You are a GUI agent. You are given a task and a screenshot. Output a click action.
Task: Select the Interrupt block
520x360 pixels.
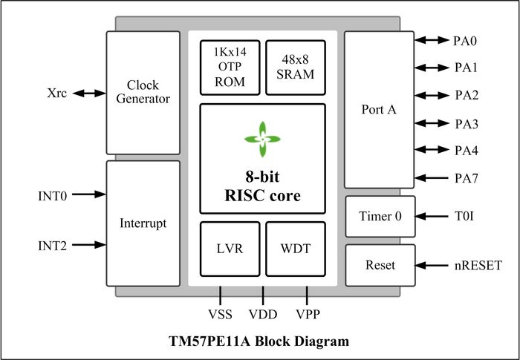click(x=143, y=223)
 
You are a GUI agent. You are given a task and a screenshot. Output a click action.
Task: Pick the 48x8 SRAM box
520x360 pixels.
click(x=295, y=68)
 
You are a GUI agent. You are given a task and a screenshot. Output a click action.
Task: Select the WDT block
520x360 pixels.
click(x=296, y=249)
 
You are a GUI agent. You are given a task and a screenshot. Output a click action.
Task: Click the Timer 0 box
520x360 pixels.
click(x=380, y=217)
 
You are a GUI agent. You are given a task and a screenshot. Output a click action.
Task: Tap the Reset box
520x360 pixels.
click(x=380, y=265)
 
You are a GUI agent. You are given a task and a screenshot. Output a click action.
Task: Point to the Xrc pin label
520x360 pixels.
click(x=56, y=94)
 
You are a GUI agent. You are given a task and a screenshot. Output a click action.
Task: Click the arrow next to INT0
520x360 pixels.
click(x=90, y=196)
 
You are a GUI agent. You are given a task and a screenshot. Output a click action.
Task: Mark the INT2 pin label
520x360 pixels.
click(x=53, y=245)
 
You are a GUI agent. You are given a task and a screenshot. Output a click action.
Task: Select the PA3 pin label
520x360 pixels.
click(x=467, y=123)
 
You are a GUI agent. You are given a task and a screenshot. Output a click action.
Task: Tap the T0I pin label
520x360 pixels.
click(x=465, y=217)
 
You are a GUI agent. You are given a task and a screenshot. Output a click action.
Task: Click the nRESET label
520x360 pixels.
click(x=478, y=265)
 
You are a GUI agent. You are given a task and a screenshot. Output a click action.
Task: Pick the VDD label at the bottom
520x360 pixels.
click(x=263, y=315)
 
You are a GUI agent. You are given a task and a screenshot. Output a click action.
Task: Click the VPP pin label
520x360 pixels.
click(x=308, y=315)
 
